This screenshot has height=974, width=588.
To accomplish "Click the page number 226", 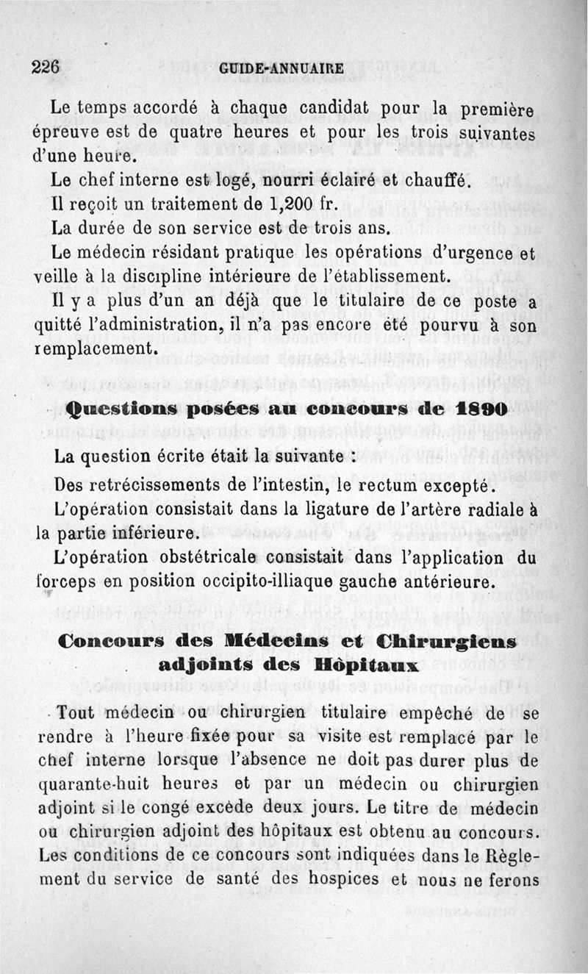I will coord(45,66).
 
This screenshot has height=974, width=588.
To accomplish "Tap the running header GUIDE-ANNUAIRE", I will coord(282,68).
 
